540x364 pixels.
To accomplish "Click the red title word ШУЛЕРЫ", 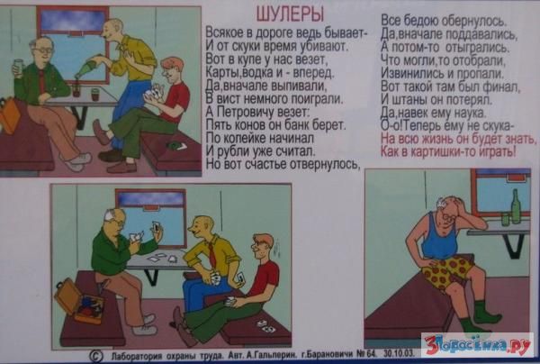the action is [x=290, y=14].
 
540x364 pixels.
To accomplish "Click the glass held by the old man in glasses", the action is [x=19, y=67].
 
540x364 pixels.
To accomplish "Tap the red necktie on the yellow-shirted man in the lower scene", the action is [x=211, y=254].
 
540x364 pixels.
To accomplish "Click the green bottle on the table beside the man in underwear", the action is [x=516, y=206].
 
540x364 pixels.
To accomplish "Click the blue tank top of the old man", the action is [x=439, y=239].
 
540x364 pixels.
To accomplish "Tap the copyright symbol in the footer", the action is [x=96, y=355].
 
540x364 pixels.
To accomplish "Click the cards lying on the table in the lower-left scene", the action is [x=161, y=258].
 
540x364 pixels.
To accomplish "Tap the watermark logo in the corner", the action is [x=477, y=345].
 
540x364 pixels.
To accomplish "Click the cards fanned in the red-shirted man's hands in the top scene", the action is [x=152, y=92].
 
